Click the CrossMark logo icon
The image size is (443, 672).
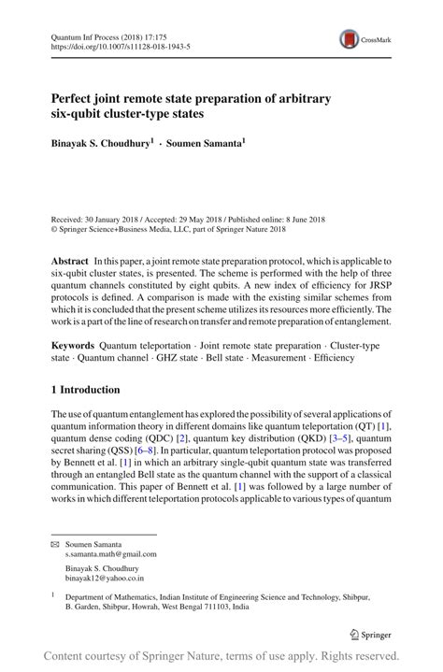350,38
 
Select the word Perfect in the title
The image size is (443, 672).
77,98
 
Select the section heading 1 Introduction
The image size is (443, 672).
85,390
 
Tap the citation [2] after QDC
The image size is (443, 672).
184,436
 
